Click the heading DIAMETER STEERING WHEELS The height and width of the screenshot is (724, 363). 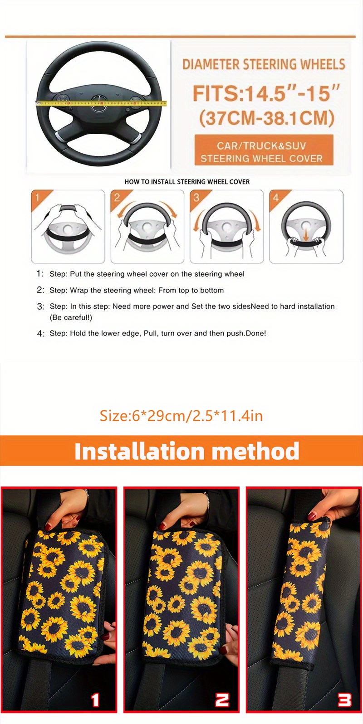(x=264, y=64)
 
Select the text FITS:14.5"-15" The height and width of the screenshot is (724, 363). (x=266, y=93)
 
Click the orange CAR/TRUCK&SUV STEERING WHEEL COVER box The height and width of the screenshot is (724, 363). (x=264, y=151)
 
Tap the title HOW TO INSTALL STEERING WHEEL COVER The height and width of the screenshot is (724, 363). (x=187, y=182)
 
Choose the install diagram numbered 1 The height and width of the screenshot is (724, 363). (x=68, y=227)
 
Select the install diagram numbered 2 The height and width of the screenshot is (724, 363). (x=147, y=227)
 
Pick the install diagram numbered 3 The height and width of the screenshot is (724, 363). (x=227, y=227)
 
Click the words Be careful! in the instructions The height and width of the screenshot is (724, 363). (x=71, y=317)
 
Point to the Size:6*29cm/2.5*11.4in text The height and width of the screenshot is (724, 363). (x=181, y=415)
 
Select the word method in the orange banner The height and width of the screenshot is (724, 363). (x=255, y=451)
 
